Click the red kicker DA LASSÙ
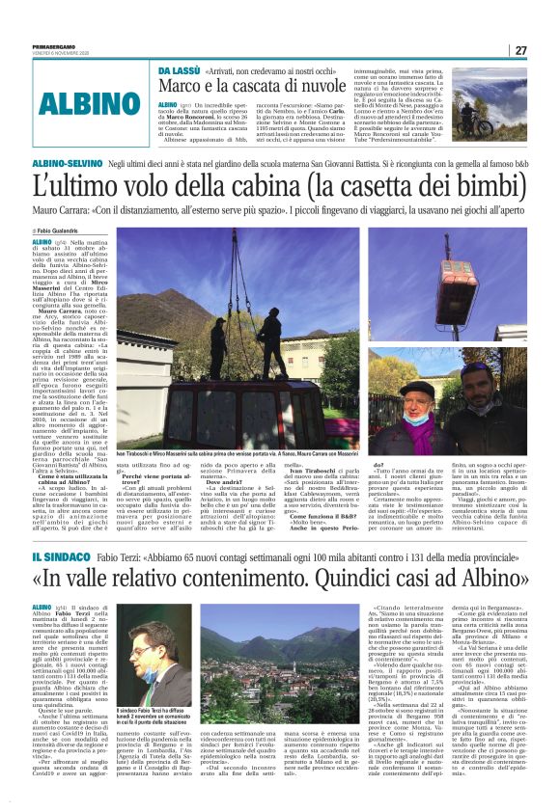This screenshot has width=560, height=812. click(179, 71)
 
